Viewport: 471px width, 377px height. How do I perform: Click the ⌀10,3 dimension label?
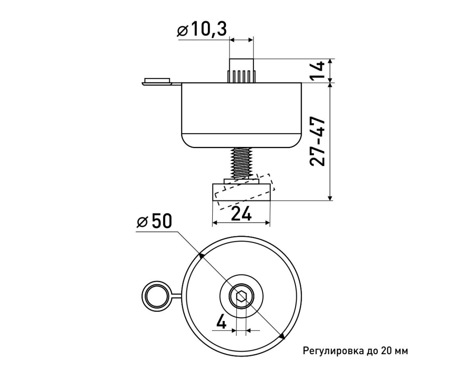(202, 29)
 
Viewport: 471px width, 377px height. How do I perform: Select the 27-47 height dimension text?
(317, 141)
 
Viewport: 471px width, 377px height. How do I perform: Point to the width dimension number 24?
(241, 214)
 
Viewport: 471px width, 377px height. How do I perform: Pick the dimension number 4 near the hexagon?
(221, 321)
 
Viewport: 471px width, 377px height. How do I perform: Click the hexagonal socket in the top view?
(241, 297)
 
